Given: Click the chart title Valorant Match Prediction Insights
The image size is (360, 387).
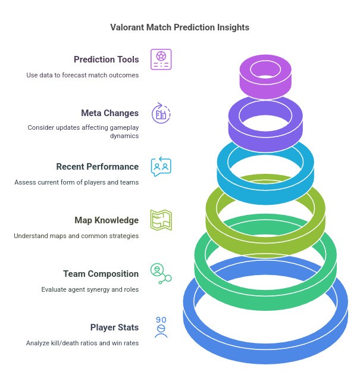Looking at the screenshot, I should click(x=180, y=27).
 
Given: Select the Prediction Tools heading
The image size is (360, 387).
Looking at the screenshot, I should click(x=106, y=60).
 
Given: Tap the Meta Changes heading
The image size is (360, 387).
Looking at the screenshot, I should click(x=109, y=113).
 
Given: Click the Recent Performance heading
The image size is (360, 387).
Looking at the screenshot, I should click(x=97, y=167).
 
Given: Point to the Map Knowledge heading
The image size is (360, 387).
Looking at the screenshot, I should click(x=107, y=220).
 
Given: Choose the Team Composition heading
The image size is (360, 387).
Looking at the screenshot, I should click(x=101, y=274).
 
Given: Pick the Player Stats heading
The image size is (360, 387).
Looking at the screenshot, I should click(x=114, y=327).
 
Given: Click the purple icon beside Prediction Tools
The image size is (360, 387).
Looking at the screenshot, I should click(x=161, y=60).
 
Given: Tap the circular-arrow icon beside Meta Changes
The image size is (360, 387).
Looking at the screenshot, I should click(x=161, y=113).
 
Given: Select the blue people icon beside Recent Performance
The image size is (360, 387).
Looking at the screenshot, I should click(x=161, y=167).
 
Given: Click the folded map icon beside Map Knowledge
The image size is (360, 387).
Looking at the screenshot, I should click(x=161, y=220).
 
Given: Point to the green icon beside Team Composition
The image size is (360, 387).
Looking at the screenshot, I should click(x=160, y=273).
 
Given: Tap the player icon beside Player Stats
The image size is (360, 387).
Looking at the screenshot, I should click(x=161, y=327).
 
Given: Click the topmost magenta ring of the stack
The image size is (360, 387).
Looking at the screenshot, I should click(x=267, y=86).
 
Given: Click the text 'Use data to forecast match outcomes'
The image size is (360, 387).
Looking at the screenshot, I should click(x=82, y=75).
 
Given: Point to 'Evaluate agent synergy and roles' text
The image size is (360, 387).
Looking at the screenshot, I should click(x=90, y=289).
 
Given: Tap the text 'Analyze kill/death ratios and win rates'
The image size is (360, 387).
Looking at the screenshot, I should click(x=82, y=343).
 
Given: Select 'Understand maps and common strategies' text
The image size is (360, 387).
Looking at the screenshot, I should click(x=76, y=236).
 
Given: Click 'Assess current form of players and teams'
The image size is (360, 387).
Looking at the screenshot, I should click(x=77, y=182).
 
